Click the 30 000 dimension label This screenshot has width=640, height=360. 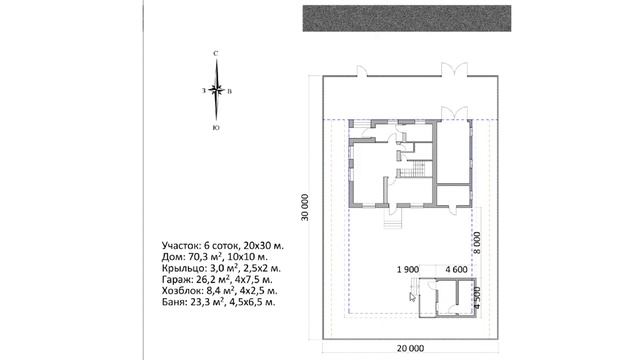click(304, 207)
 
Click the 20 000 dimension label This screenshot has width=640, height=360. click(410, 348)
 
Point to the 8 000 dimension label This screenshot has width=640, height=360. click(476, 242)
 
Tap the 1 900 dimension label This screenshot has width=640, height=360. click(408, 269)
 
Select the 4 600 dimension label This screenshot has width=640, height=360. click(456, 269)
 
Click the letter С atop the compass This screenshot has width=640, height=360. click(216, 53)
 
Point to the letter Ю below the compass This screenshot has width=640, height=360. click(216, 128)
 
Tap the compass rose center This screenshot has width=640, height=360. click(216, 90)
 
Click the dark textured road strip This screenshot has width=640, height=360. click(407, 18)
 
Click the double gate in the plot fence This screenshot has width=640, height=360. click(454, 70)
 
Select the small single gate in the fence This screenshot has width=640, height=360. click(362, 71)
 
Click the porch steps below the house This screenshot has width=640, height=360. click(392, 222)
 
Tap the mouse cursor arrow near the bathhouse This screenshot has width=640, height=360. click(412, 296)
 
